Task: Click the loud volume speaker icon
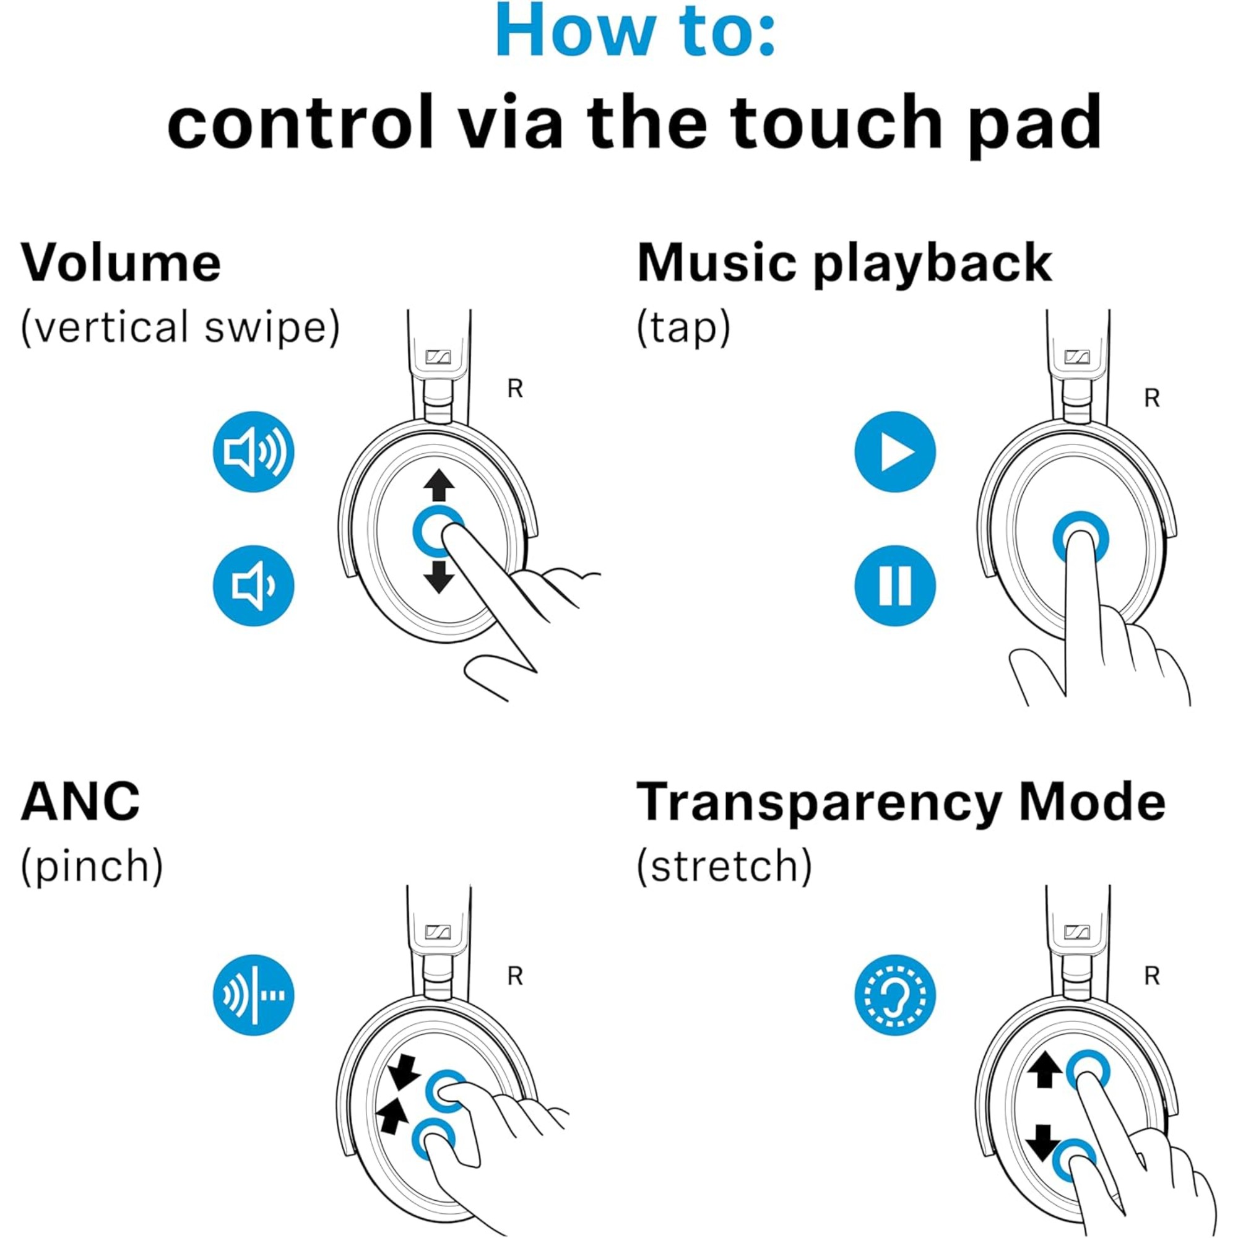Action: (253, 452)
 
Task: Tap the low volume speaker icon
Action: (253, 586)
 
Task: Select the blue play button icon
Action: (895, 452)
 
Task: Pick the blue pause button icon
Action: (895, 586)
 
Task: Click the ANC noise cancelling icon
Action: (253, 995)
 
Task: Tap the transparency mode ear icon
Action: (895, 995)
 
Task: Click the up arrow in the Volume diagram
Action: (439, 485)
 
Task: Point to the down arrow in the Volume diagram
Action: (439, 577)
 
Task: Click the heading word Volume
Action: (121, 262)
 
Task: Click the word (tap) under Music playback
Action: (683, 327)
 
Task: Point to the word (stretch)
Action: (724, 867)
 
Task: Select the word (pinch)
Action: (92, 867)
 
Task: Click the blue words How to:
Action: (636, 31)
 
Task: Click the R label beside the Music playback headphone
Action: (1151, 399)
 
